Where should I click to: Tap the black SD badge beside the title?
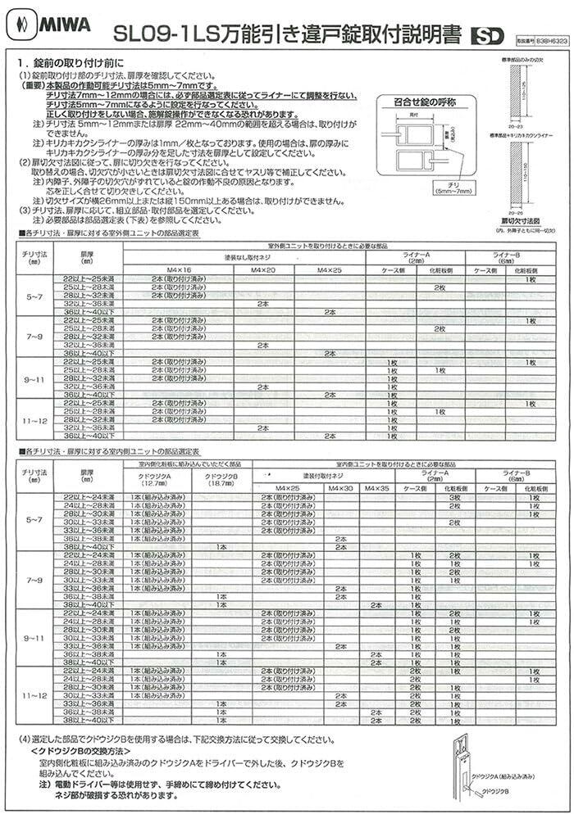coord(490,36)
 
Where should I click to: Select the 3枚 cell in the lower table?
coord(453,497)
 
